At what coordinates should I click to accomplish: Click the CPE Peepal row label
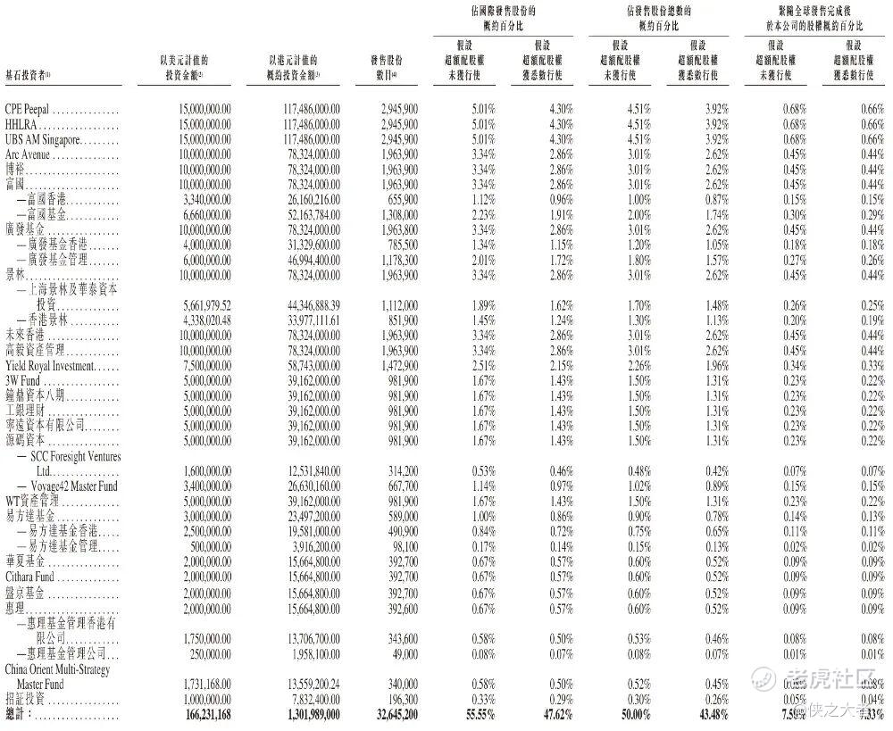pos(33,109)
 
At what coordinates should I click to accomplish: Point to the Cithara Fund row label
pos(30,576)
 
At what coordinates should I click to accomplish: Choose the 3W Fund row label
pos(24,380)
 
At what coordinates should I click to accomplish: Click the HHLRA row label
pos(21,124)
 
